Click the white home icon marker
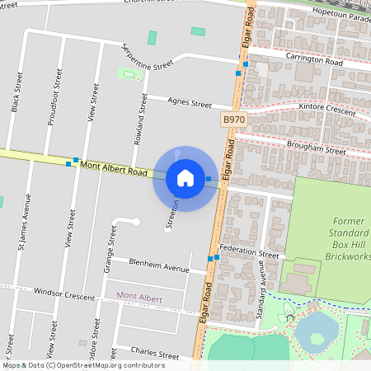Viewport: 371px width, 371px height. [x=185, y=177]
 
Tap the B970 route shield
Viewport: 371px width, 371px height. [x=234, y=120]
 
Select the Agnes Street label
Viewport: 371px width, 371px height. [x=190, y=103]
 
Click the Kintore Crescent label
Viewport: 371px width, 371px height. [x=327, y=109]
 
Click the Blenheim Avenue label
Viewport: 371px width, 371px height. [x=160, y=265]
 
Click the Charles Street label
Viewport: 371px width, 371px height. [x=155, y=353]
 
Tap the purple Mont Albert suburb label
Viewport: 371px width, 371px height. [x=139, y=297]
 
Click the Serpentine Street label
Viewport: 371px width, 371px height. [x=148, y=57]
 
